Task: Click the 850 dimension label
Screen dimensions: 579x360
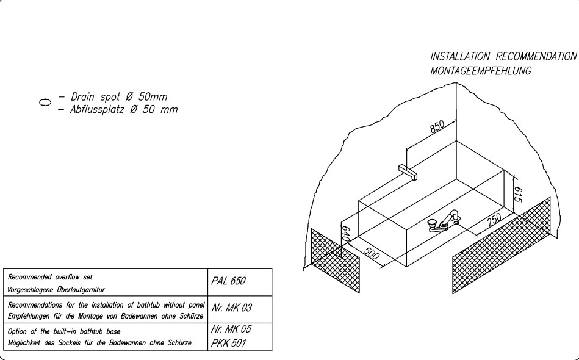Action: (437, 126)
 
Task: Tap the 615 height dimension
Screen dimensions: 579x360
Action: (518, 195)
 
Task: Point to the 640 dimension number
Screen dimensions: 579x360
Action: (345, 234)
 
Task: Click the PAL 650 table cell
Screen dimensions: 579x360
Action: (228, 281)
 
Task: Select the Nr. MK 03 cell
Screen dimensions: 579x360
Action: (231, 308)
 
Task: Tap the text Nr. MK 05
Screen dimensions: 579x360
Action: (231, 329)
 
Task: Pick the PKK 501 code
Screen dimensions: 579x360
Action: (228, 343)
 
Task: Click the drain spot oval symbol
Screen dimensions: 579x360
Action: (45, 102)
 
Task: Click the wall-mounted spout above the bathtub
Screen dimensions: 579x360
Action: (408, 172)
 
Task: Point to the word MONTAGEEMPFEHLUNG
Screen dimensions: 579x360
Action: (481, 71)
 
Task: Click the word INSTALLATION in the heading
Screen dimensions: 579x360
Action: (460, 57)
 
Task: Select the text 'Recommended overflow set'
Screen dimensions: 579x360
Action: (50, 277)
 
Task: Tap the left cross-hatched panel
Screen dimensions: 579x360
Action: (336, 261)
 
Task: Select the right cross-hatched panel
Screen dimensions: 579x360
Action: (502, 245)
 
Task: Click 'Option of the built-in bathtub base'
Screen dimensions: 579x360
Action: (64, 331)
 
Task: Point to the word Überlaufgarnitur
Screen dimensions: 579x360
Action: (81, 290)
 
